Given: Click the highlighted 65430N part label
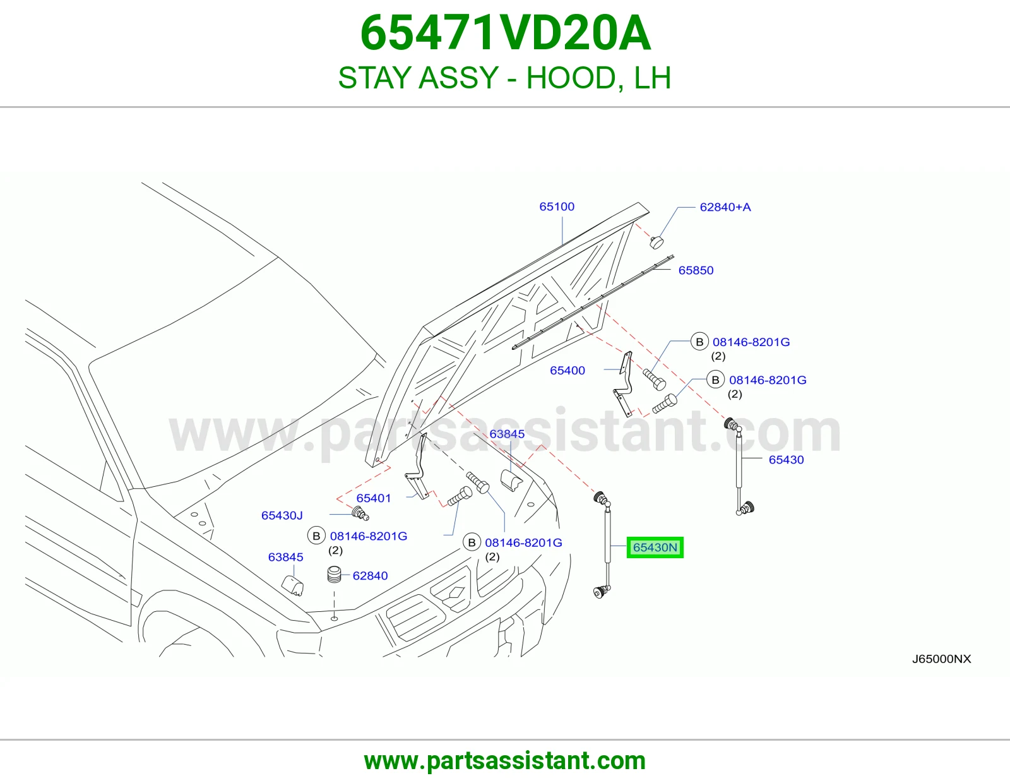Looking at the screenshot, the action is [655, 547].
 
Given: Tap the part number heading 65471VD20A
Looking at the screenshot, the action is [505, 33].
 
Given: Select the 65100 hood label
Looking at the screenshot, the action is [557, 206].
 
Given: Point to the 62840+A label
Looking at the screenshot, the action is [725, 207].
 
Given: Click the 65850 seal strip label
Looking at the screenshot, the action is [696, 270].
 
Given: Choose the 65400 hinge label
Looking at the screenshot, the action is [567, 371].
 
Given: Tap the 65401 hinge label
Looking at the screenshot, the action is [373, 498].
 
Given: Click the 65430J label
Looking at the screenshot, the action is [282, 515].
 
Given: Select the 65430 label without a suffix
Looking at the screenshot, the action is [786, 460].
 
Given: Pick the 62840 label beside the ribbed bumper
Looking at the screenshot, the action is [370, 576].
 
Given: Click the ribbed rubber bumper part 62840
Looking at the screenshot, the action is [334, 574].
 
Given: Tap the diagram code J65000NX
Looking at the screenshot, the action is [941, 659].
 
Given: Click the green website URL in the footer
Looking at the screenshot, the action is [505, 761].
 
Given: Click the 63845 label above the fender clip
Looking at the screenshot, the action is [507, 434].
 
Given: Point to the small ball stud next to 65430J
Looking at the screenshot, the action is [360, 514].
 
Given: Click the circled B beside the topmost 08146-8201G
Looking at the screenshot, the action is [699, 342].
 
